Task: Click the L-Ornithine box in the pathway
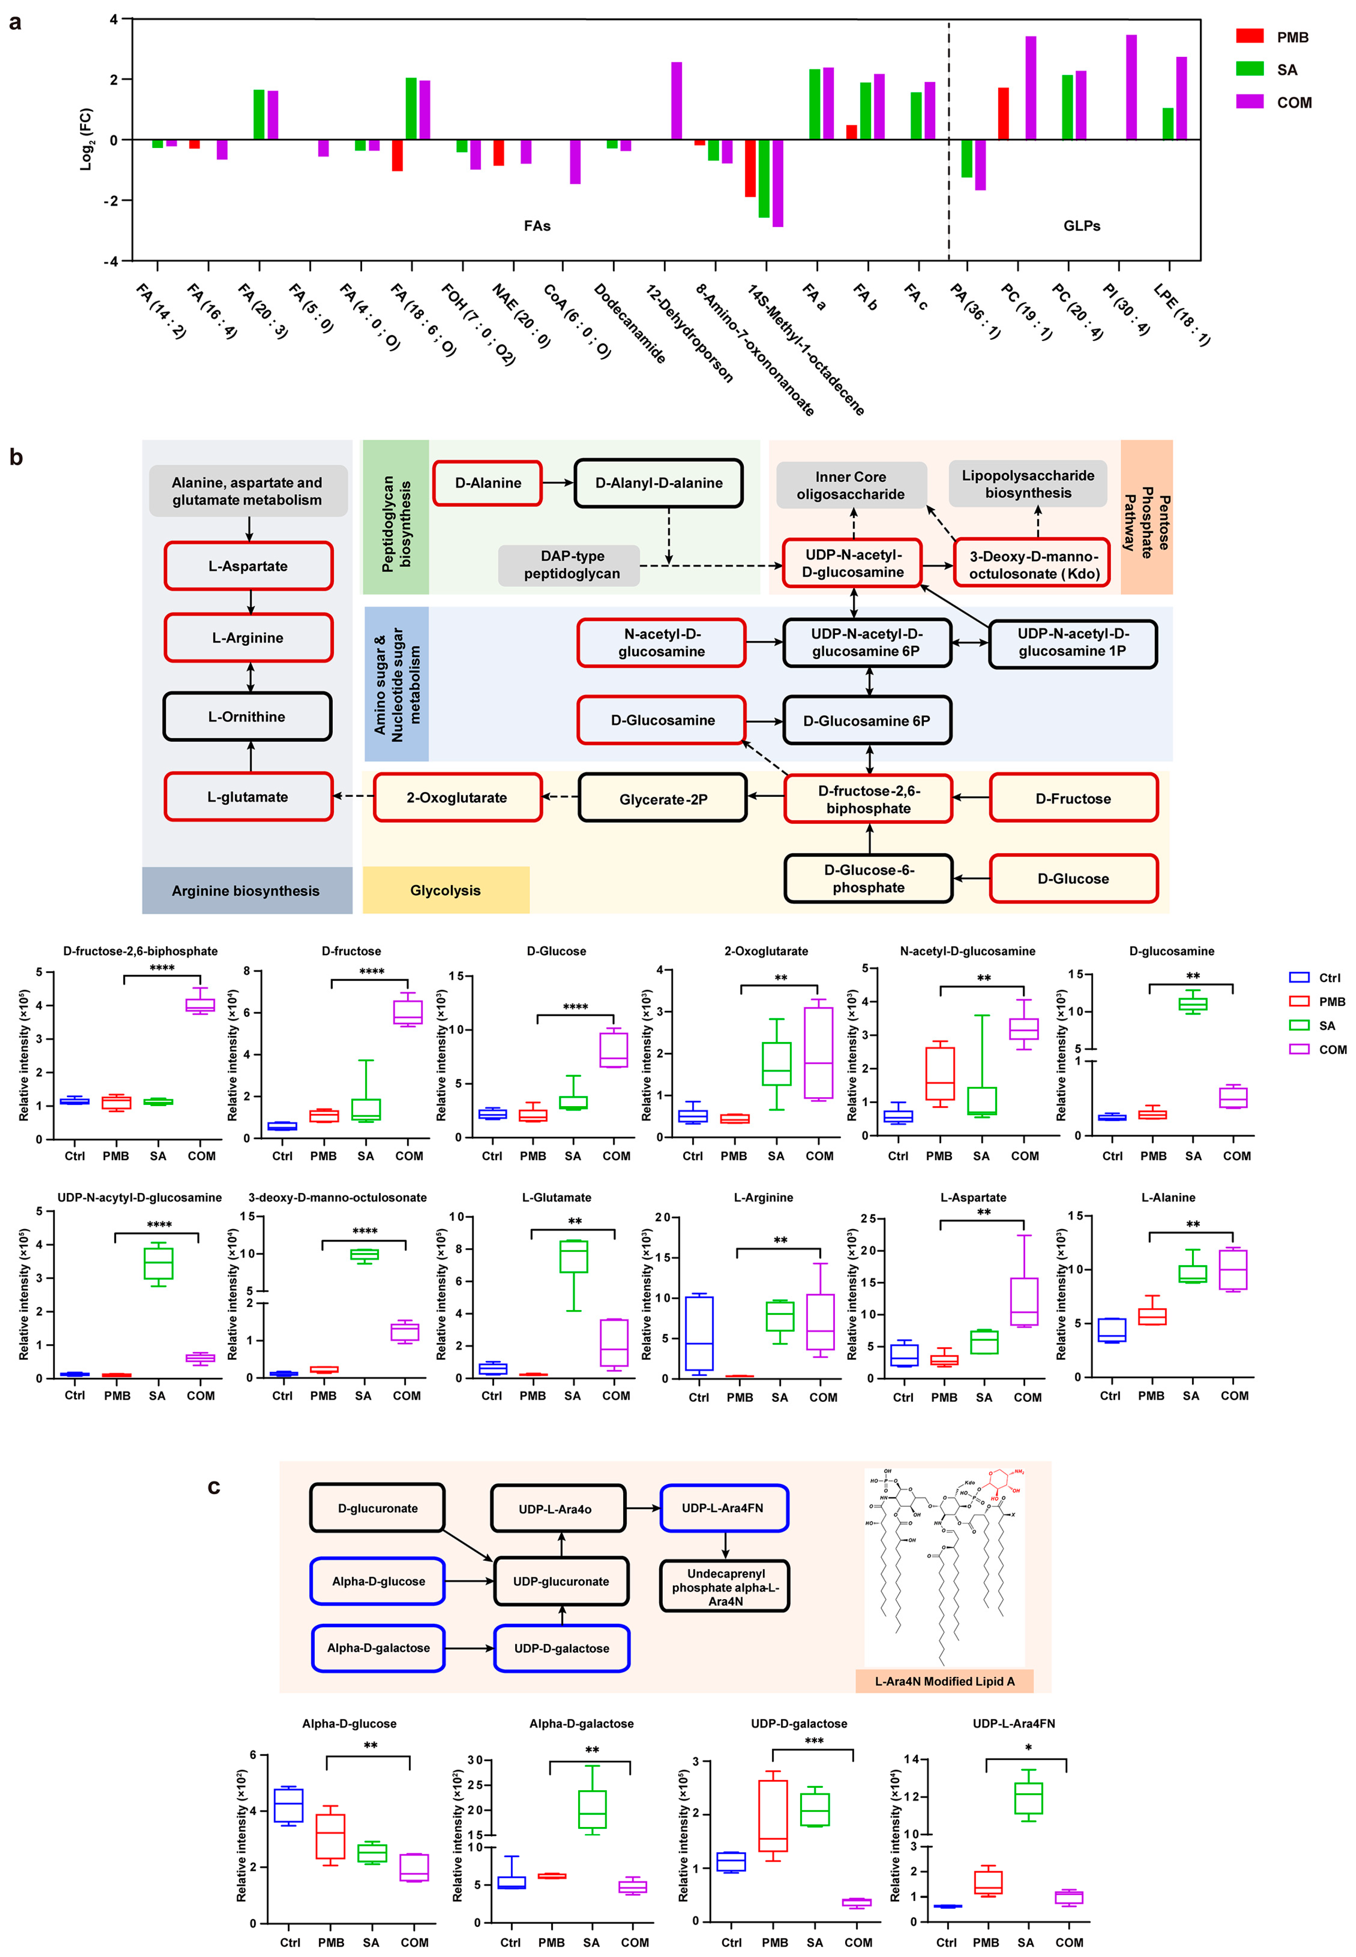tap(247, 716)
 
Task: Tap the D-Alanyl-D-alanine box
tap(658, 483)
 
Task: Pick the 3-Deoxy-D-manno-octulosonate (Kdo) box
tap(1033, 564)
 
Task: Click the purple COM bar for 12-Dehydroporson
tap(676, 100)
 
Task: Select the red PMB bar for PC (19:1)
tap(1003, 113)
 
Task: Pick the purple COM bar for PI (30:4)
tap(1131, 87)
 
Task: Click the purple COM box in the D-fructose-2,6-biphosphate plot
tap(200, 1005)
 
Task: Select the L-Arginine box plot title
tap(763, 1197)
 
